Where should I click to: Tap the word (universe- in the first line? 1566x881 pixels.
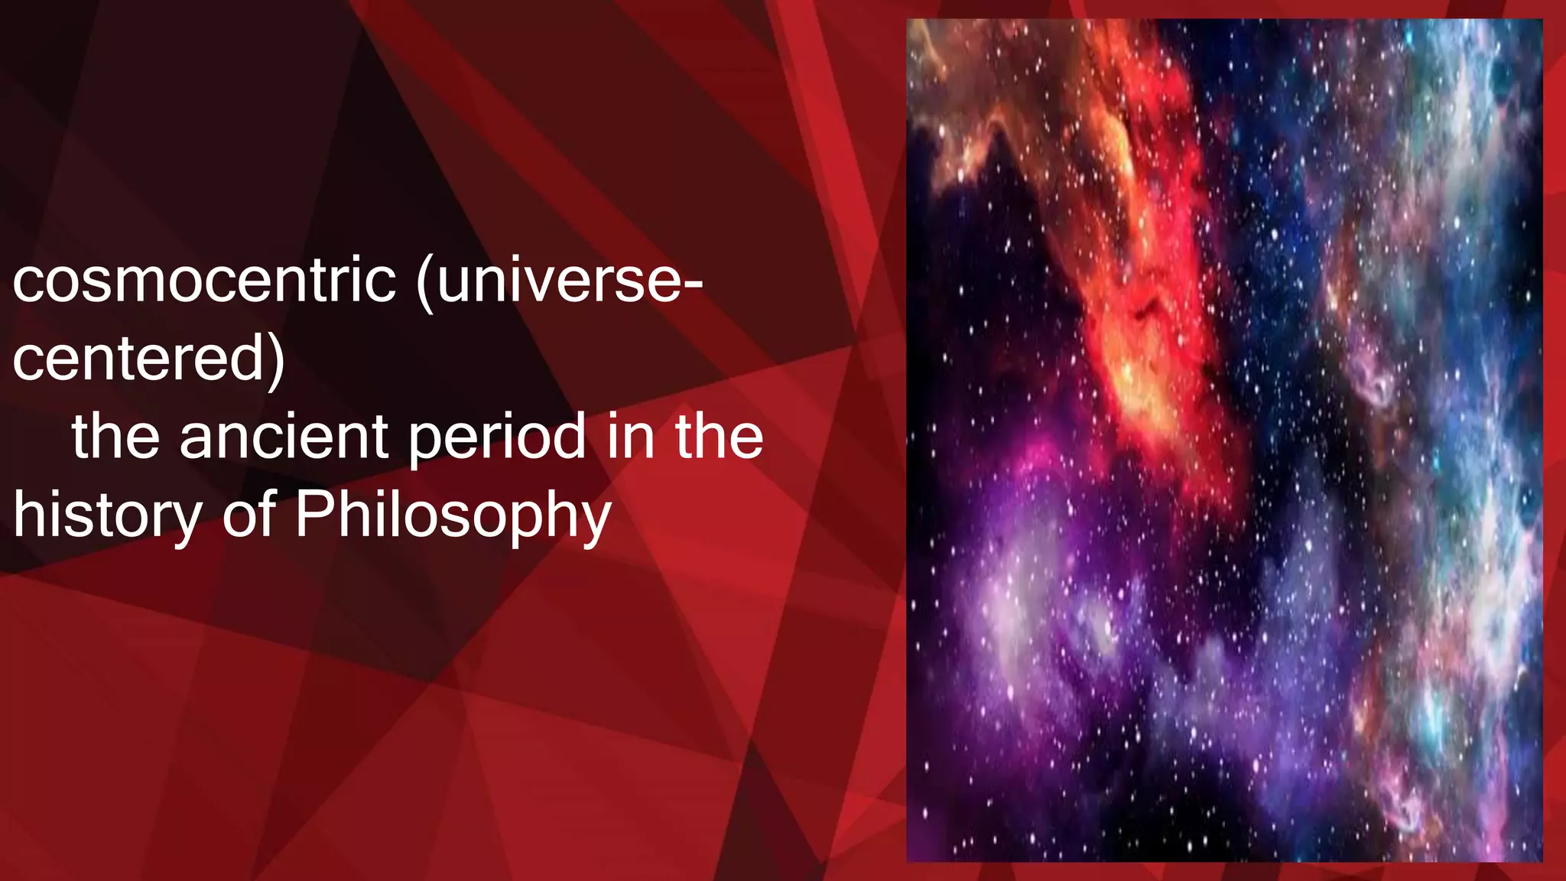pos(559,281)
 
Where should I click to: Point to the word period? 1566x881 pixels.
pos(496,438)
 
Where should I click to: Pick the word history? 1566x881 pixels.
pos(107,516)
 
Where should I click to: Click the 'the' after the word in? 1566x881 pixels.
pos(719,437)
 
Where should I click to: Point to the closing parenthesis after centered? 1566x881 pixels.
pos(277,360)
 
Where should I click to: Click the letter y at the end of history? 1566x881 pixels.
pos(186,522)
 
